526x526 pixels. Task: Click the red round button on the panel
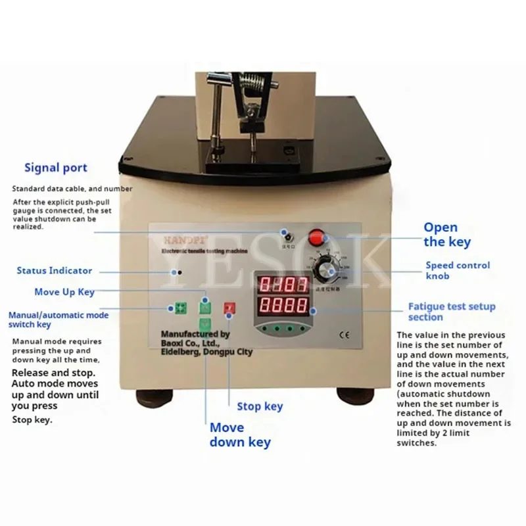point(318,237)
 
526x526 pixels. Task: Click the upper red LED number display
point(283,285)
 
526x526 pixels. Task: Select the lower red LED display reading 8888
point(283,306)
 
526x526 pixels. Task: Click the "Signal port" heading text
point(56,168)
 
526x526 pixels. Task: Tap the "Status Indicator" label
point(55,270)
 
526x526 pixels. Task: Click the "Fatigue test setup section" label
point(452,312)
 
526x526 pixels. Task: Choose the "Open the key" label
point(447,235)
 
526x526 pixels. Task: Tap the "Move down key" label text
point(240,435)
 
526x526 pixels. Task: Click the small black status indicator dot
point(174,272)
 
